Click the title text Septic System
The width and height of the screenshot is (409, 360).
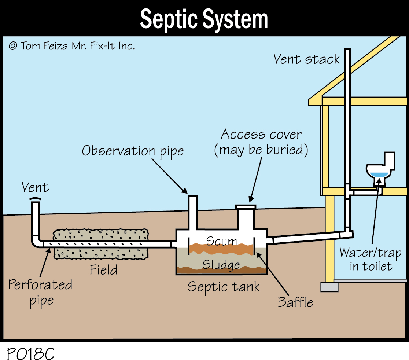tap(204, 19)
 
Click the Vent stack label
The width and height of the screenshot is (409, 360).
tap(306, 59)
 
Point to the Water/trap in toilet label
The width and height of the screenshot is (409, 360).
tap(371, 259)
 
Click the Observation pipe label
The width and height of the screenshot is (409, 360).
tap(132, 151)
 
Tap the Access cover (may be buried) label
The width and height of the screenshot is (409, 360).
tap(261, 142)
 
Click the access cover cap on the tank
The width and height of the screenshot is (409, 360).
tap(246, 207)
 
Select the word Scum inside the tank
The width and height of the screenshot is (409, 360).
tap(221, 241)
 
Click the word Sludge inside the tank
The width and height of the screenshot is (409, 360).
tap(221, 264)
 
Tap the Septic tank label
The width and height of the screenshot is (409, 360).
tap(224, 286)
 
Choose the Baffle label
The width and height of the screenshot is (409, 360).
tap(295, 302)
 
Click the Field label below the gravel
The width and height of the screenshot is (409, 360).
tap(104, 270)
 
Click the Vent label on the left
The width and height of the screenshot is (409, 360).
tap(35, 188)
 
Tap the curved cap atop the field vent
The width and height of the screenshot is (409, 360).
tap(35, 199)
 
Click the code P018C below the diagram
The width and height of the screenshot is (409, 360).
tap(30, 353)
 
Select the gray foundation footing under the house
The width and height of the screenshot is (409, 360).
tap(329, 287)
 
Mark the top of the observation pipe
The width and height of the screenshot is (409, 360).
tap(193, 198)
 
